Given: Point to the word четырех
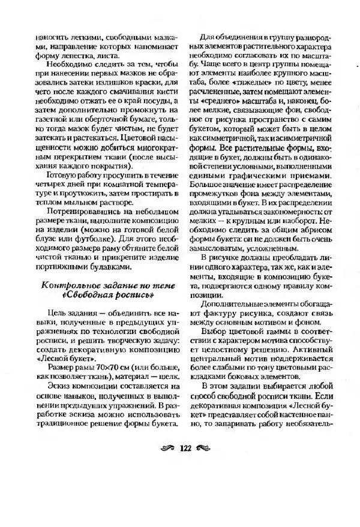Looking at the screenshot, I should click(x=50, y=186).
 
